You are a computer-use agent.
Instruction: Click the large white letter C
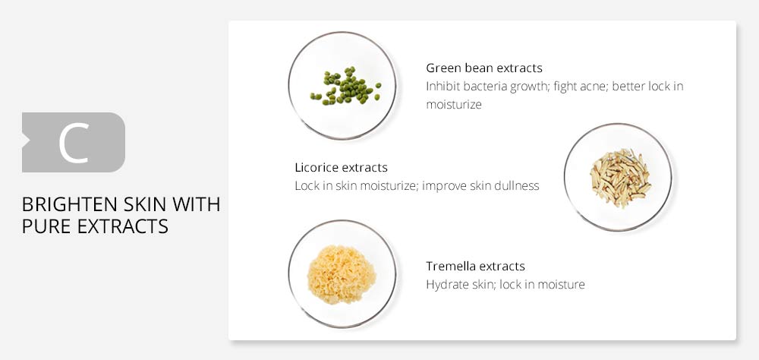tap(74, 143)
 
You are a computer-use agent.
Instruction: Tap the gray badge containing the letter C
tap(74, 143)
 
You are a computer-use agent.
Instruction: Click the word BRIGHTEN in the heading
tap(65, 205)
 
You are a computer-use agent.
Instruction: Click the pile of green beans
tap(345, 86)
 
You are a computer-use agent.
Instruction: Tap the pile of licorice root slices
tap(619, 178)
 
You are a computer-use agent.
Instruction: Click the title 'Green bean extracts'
tap(484, 68)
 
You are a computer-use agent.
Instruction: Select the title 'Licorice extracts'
tap(342, 168)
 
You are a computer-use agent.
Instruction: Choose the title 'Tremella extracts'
tap(475, 267)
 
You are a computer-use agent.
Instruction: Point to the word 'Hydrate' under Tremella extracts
tap(446, 284)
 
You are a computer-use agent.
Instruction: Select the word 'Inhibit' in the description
tap(442, 87)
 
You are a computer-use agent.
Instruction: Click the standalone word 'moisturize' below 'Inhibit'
tap(454, 105)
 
